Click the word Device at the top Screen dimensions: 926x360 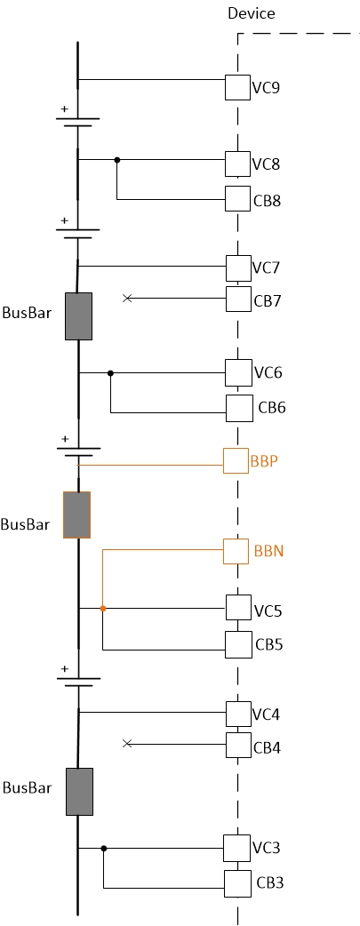tap(252, 13)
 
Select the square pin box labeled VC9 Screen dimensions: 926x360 tap(237, 87)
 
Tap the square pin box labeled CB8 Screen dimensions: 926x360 tap(237, 199)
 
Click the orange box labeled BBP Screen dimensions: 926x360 tap(236, 460)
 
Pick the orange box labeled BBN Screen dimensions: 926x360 tap(236, 551)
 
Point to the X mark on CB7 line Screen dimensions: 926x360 tap(126, 299)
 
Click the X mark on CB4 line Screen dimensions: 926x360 tap(126, 743)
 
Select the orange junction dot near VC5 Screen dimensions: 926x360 tap(103, 609)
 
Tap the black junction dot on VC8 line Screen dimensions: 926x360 tap(116, 160)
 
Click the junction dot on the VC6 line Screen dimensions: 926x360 tap(110, 373)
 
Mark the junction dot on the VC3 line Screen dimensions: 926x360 tap(104, 849)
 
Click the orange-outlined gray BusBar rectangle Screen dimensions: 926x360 tap(76, 515)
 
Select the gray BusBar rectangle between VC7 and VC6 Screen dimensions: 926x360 tap(79, 316)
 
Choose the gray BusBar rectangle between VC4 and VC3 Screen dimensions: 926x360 tap(79, 792)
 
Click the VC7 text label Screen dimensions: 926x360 tap(266, 267)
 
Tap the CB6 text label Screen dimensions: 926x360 tap(272, 408)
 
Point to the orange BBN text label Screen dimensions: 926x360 tap(268, 551)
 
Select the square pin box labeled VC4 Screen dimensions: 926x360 tap(238, 714)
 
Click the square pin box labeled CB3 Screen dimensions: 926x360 tap(237, 883)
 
